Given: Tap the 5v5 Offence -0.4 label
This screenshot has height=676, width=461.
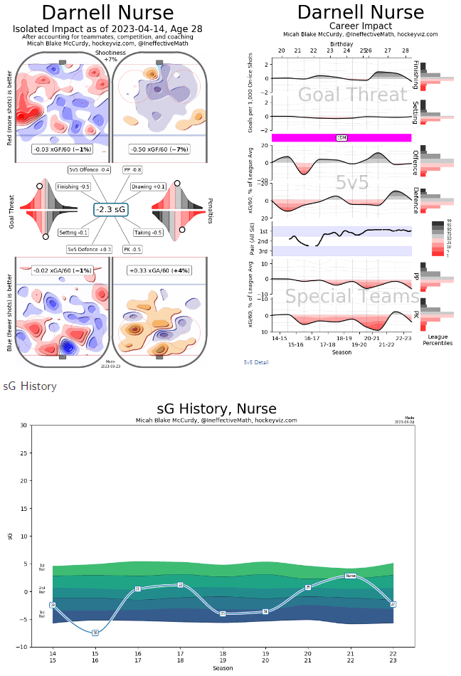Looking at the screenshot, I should (x=89, y=170).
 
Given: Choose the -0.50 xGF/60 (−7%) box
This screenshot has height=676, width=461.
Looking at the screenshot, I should (x=159, y=149).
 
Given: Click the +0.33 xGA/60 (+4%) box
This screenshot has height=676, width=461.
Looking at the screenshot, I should (x=158, y=270).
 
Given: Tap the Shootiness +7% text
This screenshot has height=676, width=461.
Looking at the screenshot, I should (x=110, y=56).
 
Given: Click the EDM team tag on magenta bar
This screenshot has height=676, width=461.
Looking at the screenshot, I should (x=341, y=137).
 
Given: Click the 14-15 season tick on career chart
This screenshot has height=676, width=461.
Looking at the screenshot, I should (x=280, y=338).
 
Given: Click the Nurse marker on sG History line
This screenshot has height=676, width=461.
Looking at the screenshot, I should (x=350, y=576).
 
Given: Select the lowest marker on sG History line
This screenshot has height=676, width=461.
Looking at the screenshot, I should (x=95, y=633).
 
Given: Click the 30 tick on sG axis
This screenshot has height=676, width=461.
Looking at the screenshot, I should (x=24, y=426).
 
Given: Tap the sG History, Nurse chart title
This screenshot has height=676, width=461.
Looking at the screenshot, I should (x=216, y=408).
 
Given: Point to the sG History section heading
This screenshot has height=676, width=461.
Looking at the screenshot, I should (x=30, y=386).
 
